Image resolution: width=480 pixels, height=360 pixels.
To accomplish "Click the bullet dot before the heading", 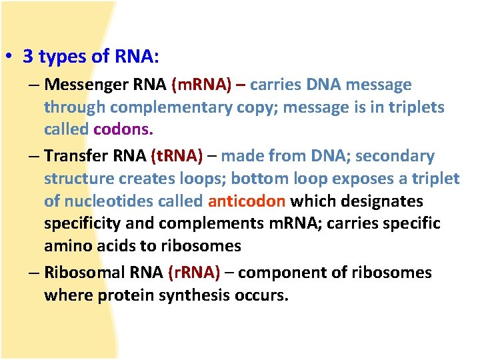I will click(13, 57).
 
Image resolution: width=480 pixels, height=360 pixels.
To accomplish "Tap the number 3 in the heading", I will click(28, 57).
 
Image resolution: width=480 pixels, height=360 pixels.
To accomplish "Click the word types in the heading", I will click(62, 57).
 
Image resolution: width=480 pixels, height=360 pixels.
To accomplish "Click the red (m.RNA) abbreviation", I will click(201, 85).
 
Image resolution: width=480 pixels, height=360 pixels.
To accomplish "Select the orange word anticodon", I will click(247, 201).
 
